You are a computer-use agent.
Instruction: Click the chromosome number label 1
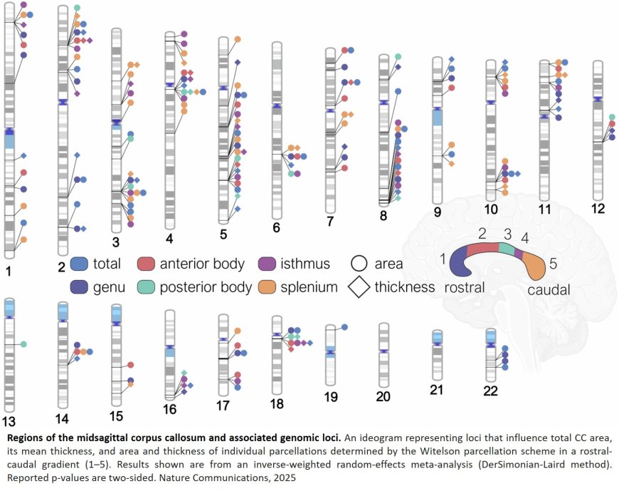click(x=8, y=271)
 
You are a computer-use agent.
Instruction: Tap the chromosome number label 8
click(x=383, y=215)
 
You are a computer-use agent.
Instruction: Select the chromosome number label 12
click(x=598, y=208)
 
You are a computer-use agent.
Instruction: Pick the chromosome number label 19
click(x=329, y=398)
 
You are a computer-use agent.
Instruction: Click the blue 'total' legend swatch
click(x=80, y=264)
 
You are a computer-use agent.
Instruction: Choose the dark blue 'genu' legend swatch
click(x=80, y=287)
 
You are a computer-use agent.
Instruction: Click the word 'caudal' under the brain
click(x=549, y=291)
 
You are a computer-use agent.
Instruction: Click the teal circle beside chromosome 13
click(x=23, y=344)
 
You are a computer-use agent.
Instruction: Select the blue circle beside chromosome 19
click(x=345, y=326)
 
